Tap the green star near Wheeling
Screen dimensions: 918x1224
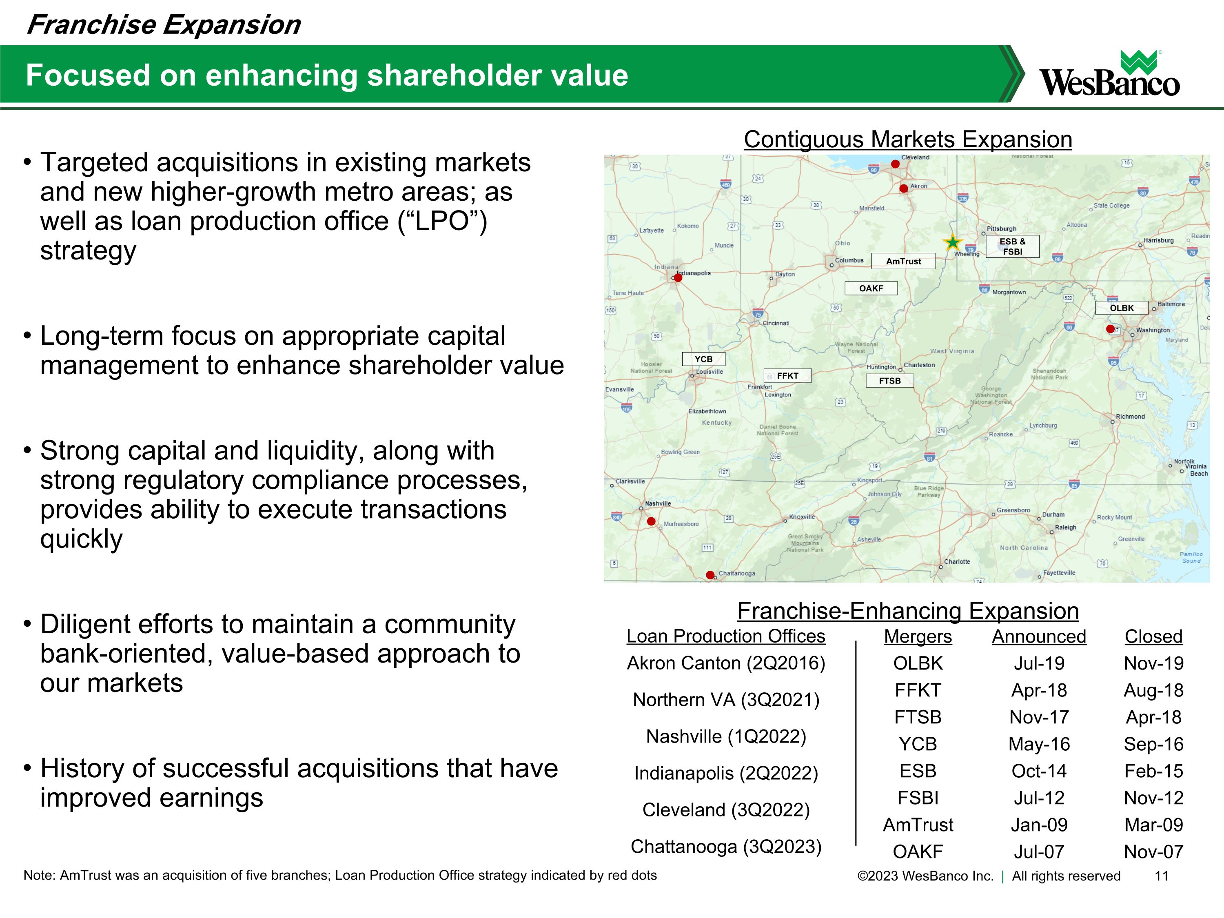pyautogui.click(x=952, y=242)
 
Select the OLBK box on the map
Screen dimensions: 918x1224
pyautogui.click(x=1121, y=308)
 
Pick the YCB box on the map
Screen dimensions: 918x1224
pyautogui.click(x=703, y=359)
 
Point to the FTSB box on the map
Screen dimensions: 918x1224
pyautogui.click(x=889, y=381)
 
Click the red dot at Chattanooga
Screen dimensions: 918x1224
pyautogui.click(x=710, y=575)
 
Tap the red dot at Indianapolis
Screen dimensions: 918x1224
pyautogui.click(x=678, y=278)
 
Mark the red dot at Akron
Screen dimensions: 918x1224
pyautogui.click(x=904, y=188)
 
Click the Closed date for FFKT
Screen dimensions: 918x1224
pyautogui.click(x=1153, y=690)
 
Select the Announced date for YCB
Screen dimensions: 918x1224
pyautogui.click(x=1039, y=744)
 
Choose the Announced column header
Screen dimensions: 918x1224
pyautogui.click(x=1039, y=636)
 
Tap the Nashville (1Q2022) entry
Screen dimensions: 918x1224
pyautogui.click(x=725, y=736)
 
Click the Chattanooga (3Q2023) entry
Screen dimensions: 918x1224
pyautogui.click(x=725, y=846)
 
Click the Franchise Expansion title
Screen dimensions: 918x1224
pyautogui.click(x=164, y=25)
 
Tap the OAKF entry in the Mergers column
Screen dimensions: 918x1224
pyautogui.click(x=918, y=851)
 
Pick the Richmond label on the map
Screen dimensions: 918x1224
pyautogui.click(x=1130, y=417)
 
